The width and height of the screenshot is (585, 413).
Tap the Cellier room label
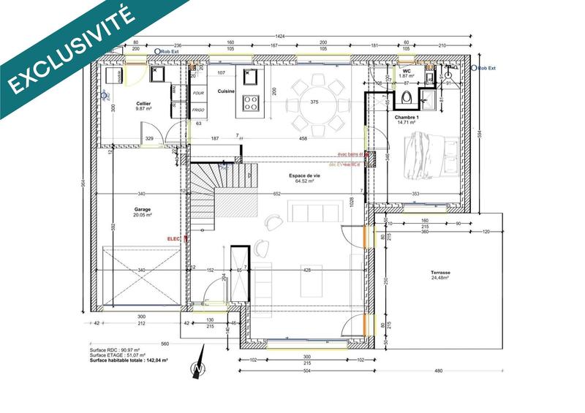point(143,105)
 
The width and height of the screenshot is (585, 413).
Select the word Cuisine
point(225,90)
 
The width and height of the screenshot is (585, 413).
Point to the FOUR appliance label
point(197,94)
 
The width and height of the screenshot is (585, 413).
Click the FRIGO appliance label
point(197,110)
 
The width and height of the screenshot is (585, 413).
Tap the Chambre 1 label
point(407,118)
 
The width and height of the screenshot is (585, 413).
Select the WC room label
point(407,71)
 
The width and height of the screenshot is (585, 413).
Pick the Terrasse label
point(440,273)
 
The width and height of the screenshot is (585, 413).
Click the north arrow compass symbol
point(196,371)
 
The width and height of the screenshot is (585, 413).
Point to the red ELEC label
point(174,238)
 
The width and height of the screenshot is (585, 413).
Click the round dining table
point(315,102)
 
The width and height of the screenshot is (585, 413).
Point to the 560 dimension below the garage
point(165,344)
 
